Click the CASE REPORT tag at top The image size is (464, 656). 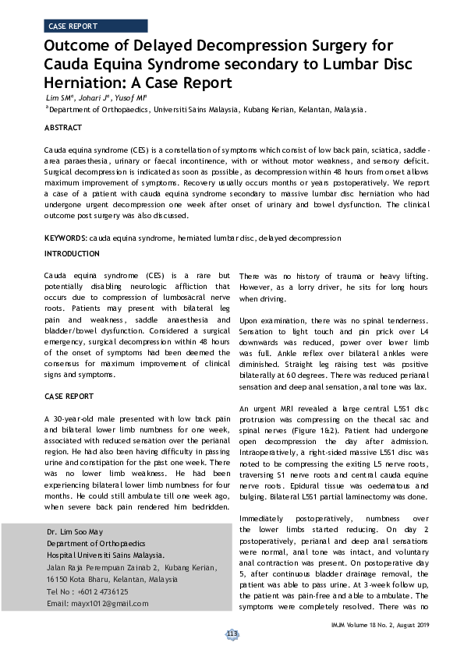pyautogui.click(x=72, y=26)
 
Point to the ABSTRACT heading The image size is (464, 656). pyautogui.click(x=63, y=127)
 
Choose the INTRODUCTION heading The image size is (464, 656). pyautogui.click(x=72, y=254)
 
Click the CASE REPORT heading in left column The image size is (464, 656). pyautogui.click(x=69, y=397)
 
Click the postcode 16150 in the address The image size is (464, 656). pyautogui.click(x=58, y=580)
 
